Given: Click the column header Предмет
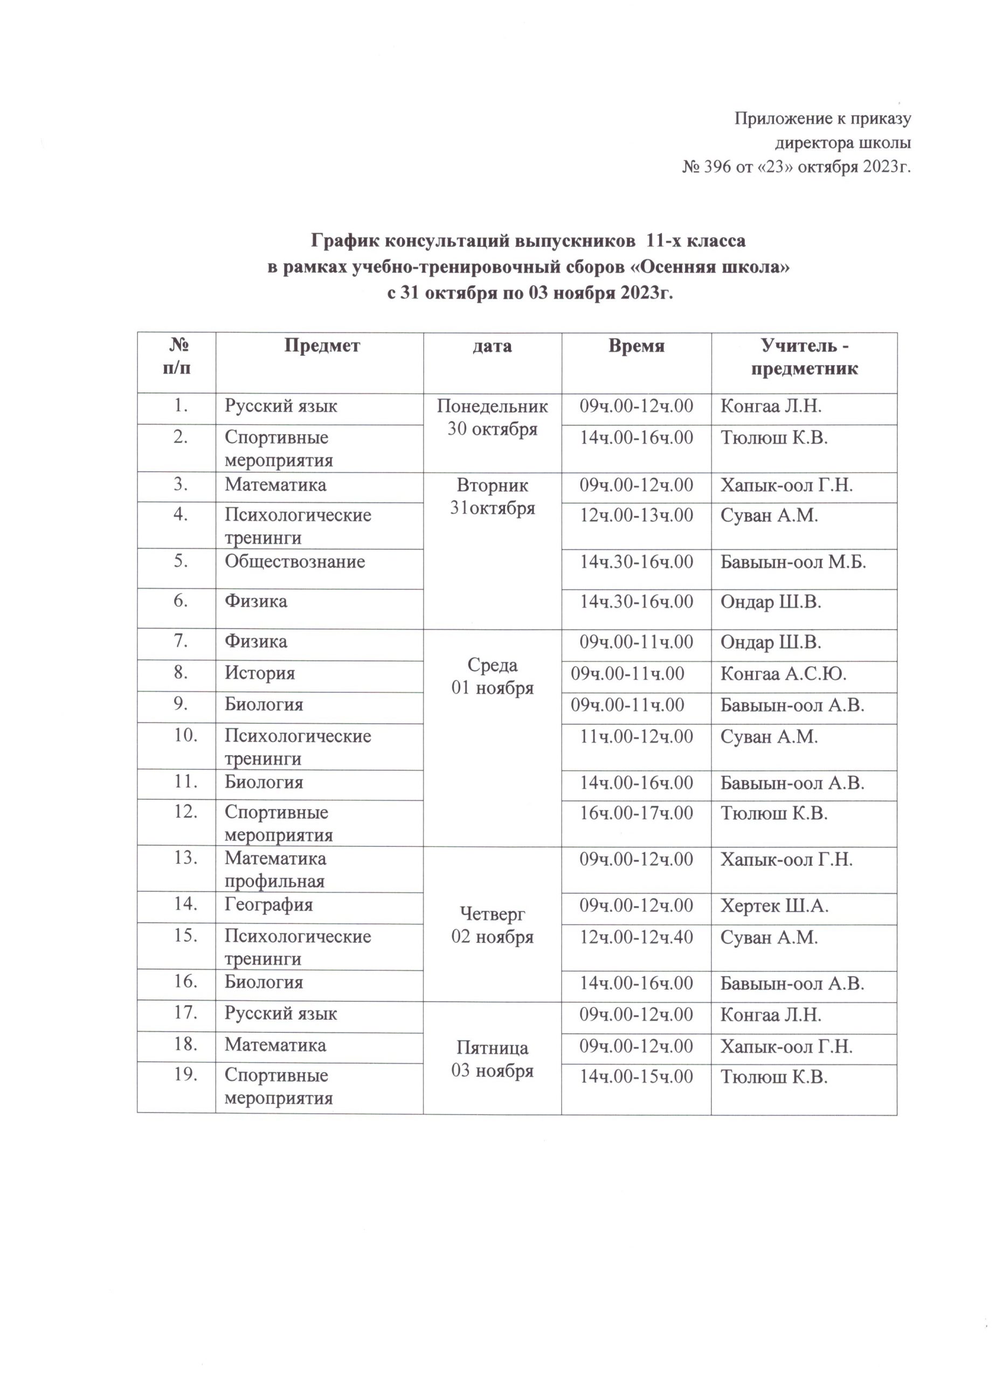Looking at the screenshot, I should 322,346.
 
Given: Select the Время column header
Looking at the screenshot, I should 635,346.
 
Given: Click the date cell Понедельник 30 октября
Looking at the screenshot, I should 492,417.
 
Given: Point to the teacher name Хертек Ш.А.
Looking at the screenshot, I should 774,906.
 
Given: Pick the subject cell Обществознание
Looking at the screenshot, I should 295,561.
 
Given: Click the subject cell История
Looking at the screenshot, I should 260,673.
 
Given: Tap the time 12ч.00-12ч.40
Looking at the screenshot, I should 635,936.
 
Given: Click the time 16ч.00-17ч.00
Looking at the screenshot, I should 635,813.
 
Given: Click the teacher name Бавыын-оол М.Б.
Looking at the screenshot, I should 793,562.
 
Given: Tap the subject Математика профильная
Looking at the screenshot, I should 275,870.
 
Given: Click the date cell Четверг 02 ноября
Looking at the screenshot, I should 492,925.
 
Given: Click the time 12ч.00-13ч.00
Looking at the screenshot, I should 635,515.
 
